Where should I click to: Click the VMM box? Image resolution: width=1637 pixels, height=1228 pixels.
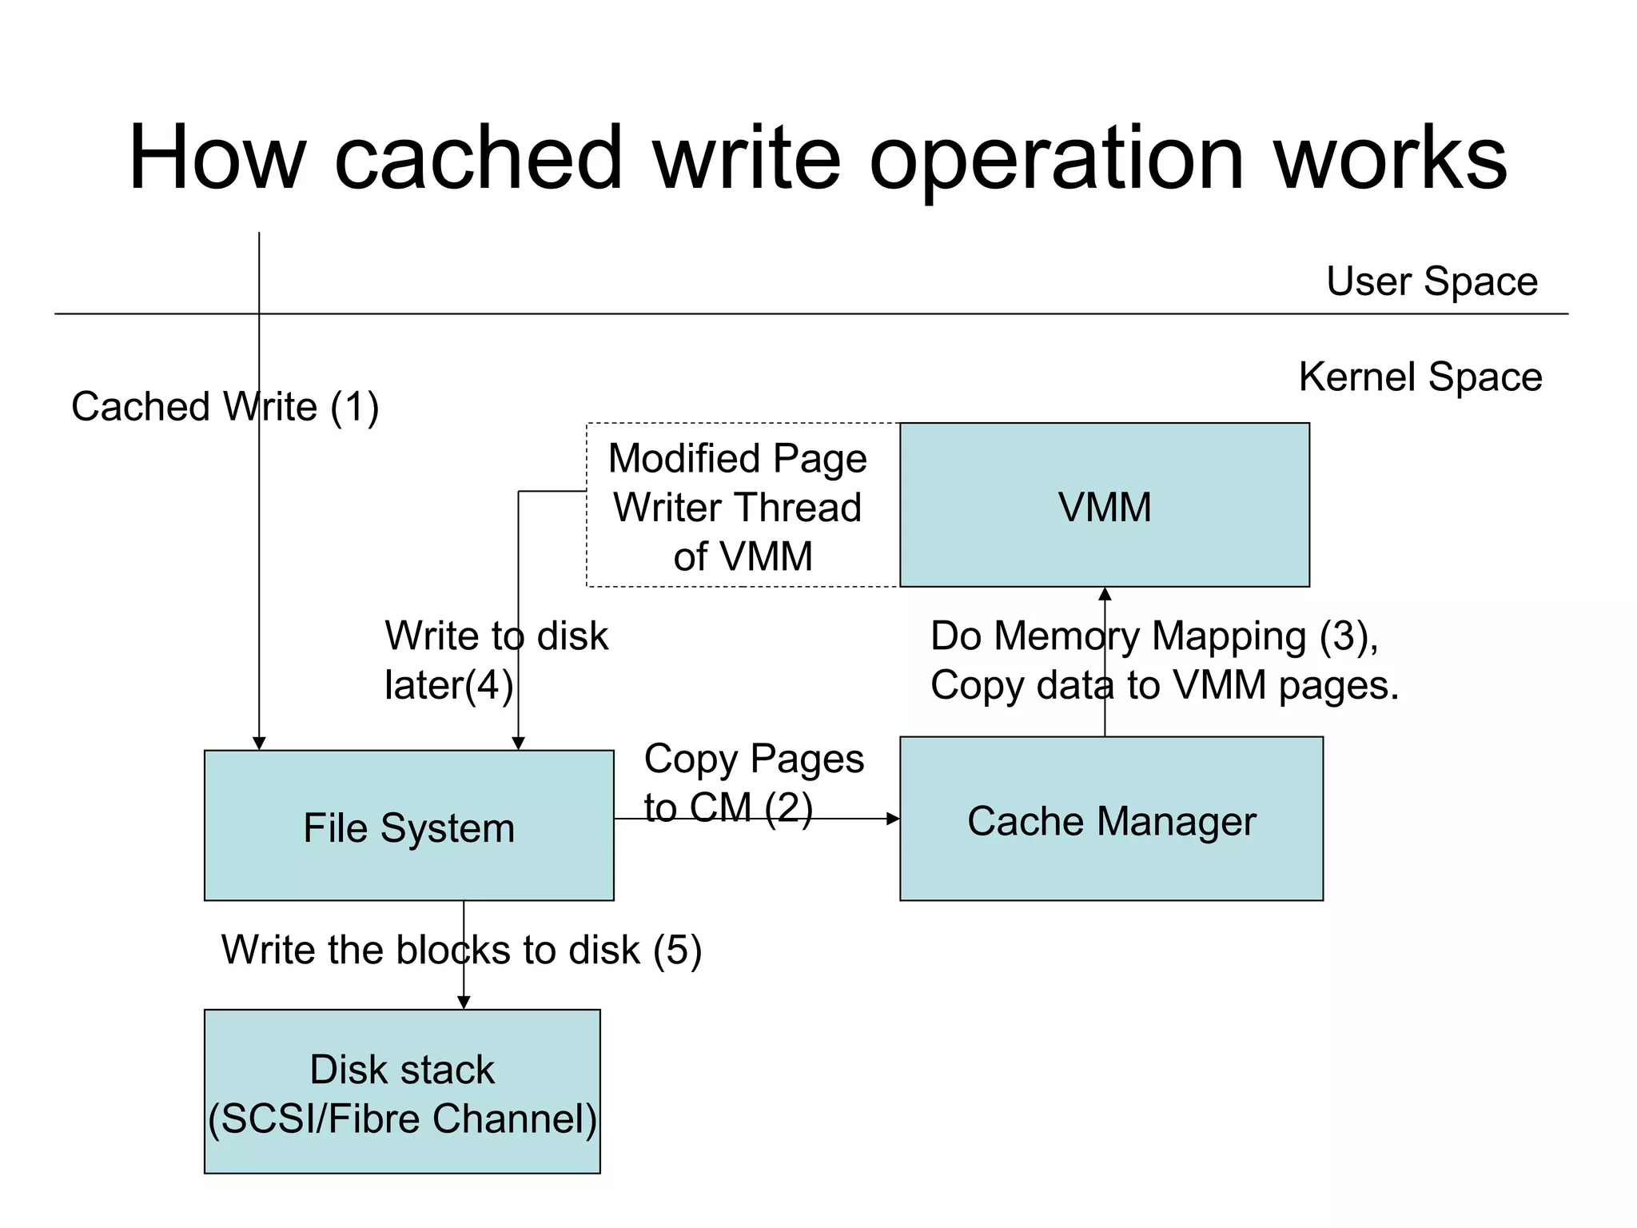pyautogui.click(x=1104, y=505)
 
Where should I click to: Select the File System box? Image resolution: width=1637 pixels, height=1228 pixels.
pyautogui.click(x=408, y=825)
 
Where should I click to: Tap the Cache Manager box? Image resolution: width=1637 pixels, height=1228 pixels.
pyautogui.click(x=1111, y=819)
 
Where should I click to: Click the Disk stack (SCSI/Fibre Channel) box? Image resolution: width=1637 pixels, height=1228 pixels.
pyautogui.click(x=402, y=1091)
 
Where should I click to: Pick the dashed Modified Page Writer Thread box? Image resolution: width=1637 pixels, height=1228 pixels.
pyautogui.click(x=742, y=505)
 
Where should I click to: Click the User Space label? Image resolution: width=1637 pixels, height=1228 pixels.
pyautogui.click(x=1431, y=281)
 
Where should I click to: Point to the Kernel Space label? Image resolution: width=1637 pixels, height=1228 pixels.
pyautogui.click(x=1420, y=377)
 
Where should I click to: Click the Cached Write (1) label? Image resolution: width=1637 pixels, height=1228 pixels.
pyautogui.click(x=225, y=406)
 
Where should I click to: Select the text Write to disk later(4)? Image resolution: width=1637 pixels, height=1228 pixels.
pyautogui.click(x=496, y=660)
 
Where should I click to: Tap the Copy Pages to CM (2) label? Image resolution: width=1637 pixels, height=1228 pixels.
pyautogui.click(x=753, y=783)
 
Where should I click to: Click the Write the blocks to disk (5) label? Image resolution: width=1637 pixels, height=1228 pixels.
pyautogui.click(x=461, y=950)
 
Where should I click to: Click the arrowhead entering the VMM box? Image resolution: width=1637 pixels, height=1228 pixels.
pyautogui.click(x=1105, y=594)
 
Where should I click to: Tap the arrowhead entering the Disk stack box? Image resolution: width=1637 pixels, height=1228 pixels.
pyautogui.click(x=464, y=1003)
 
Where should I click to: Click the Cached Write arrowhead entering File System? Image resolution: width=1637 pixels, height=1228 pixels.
pyautogui.click(x=259, y=744)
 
